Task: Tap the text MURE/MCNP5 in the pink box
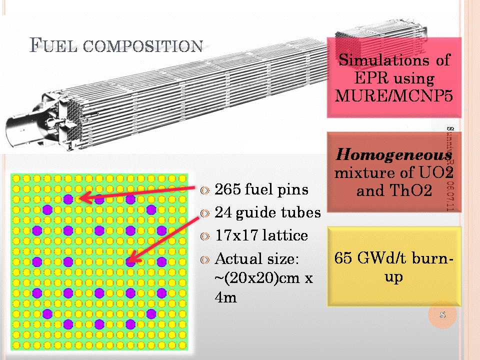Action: (394, 95)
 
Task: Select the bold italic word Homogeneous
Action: (389, 154)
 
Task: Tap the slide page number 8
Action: (442, 315)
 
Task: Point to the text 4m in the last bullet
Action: (225, 297)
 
